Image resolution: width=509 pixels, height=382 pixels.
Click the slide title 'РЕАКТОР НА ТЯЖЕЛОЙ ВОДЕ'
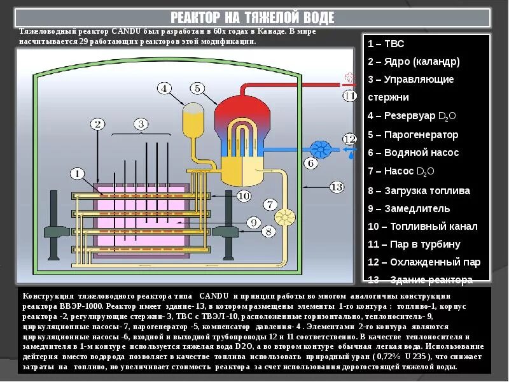(252, 18)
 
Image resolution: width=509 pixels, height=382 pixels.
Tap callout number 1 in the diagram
(76, 173)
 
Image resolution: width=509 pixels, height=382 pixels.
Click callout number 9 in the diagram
(253, 222)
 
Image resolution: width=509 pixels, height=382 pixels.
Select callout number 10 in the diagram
(243, 196)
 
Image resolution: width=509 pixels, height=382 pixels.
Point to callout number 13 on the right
(337, 187)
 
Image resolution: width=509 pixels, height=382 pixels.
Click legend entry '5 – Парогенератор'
(413, 135)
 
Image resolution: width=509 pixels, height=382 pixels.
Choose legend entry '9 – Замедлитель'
(409, 208)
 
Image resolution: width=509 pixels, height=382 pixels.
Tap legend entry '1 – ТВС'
(386, 44)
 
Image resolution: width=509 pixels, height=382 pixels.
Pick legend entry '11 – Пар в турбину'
(414, 244)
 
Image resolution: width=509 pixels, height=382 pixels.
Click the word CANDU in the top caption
(125, 31)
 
